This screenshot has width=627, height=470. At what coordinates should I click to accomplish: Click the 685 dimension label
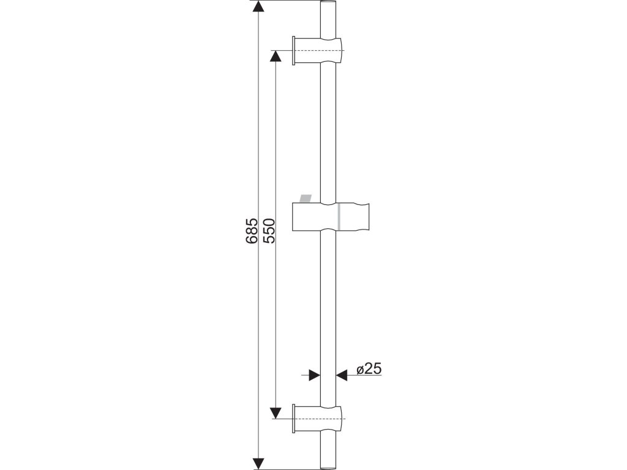[x=251, y=231]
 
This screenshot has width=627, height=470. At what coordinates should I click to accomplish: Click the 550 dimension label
[x=269, y=231]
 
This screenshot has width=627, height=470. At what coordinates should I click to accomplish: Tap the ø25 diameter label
[x=369, y=369]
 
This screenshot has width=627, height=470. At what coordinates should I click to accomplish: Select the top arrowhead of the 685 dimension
[x=259, y=6]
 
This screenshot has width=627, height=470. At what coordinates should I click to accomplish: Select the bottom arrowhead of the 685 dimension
[x=259, y=463]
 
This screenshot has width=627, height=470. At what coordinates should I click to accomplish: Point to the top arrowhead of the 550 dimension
[x=274, y=56]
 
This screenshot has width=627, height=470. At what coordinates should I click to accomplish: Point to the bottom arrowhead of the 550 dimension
[x=274, y=413]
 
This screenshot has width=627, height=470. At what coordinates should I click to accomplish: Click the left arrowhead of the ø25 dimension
[x=315, y=375]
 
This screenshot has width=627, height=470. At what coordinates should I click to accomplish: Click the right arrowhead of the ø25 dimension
[x=342, y=375]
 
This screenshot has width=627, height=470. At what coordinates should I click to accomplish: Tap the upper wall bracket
[x=318, y=50]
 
